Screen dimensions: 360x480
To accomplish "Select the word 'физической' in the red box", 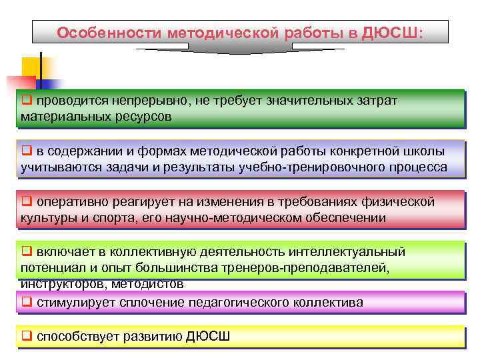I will (x=403, y=201).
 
